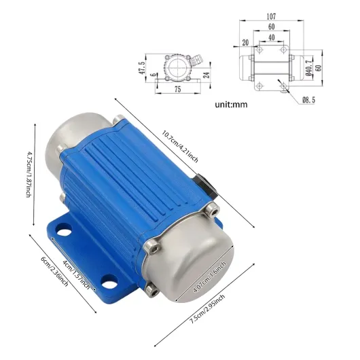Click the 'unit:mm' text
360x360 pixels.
point(231,105)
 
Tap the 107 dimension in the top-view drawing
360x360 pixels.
point(271,16)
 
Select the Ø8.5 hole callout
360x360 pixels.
point(309,100)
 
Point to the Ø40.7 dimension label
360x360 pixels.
point(309,68)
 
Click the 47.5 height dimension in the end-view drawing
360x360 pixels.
point(142,68)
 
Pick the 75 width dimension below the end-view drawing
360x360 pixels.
point(178,89)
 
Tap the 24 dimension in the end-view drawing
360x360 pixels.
point(206,75)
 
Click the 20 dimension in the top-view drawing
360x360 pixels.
point(245,43)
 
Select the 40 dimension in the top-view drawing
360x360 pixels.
point(272,37)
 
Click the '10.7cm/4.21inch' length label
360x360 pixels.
point(180,147)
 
